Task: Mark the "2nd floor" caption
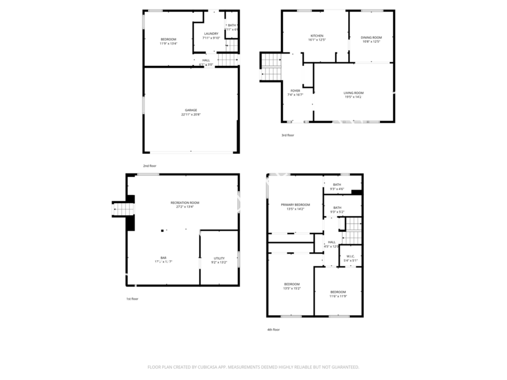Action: (149, 166)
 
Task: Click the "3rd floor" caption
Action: (287, 135)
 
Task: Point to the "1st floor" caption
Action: (132, 299)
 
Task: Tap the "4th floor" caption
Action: (273, 330)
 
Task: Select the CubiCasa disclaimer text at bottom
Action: (253, 367)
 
